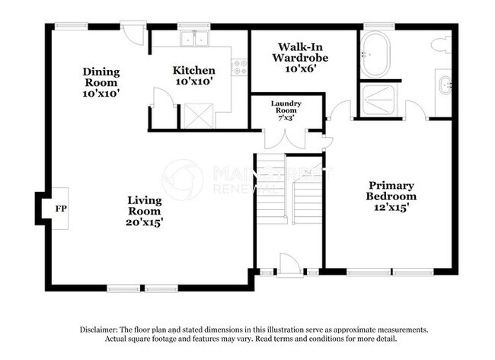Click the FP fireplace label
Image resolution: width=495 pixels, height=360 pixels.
point(59,206)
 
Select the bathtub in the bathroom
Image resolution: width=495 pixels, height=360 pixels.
point(375,55)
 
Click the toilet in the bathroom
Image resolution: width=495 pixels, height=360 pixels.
point(441,45)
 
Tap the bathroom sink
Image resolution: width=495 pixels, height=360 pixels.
point(444,84)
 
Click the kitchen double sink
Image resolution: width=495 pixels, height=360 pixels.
point(193,39)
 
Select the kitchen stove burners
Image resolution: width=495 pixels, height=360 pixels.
point(241,66)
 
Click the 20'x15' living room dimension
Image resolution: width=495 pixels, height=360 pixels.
point(144,222)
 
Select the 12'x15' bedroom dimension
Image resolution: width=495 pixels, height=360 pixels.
point(392,207)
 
